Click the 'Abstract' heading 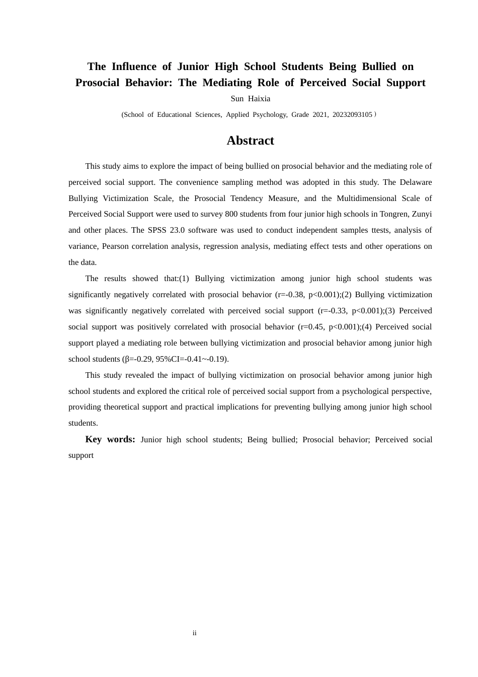250,141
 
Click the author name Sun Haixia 250,99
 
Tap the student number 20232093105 352,115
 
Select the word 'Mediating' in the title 227,83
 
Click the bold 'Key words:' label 110,439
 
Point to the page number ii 195,633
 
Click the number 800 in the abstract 231,214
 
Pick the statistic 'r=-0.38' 289,295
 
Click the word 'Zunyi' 422,214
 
